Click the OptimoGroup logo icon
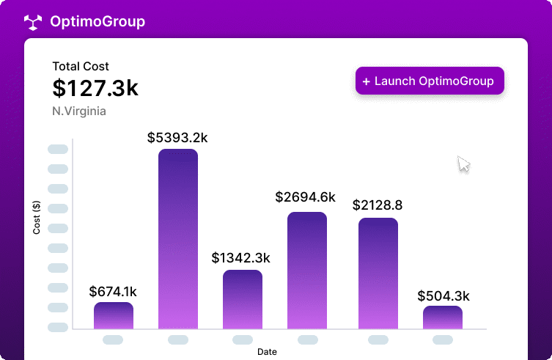point(33,22)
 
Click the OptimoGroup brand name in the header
point(97,22)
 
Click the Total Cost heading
point(81,67)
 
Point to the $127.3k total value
point(95,88)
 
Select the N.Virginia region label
point(79,111)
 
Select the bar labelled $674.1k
point(114,315)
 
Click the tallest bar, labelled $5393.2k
point(178,239)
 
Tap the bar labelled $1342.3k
point(243,299)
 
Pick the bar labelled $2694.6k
point(307,271)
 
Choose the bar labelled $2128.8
point(378,273)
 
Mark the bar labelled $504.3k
point(443,317)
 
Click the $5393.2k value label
point(178,137)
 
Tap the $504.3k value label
point(444,296)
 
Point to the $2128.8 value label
point(378,205)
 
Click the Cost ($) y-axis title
point(37,218)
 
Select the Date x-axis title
point(267,352)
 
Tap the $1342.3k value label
point(241,258)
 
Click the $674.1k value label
point(113,292)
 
